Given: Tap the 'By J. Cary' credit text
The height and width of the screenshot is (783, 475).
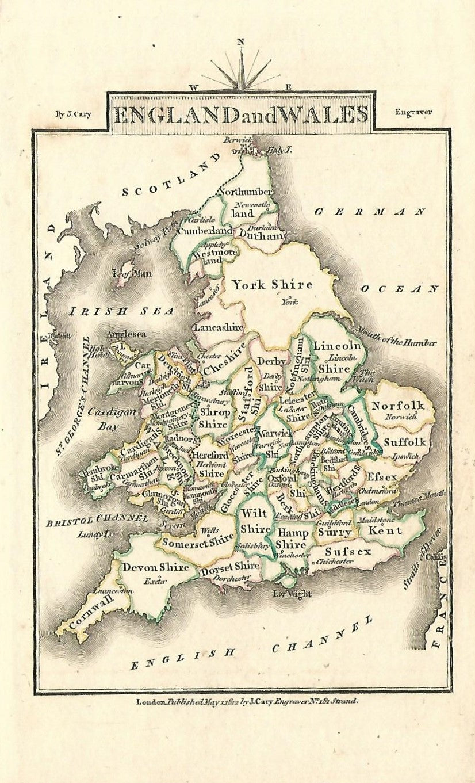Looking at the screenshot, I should tap(73, 114).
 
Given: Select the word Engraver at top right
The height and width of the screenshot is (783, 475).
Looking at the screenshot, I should tap(413, 112).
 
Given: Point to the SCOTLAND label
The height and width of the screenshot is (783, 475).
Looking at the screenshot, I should tap(171, 175).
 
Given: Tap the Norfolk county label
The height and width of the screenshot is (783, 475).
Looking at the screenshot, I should tap(397, 405).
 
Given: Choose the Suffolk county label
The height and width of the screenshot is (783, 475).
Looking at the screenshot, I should tap(405, 442).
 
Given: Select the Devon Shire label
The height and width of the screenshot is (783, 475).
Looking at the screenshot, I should tap(155, 567).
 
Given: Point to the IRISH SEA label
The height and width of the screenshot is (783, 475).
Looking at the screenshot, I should tap(121, 311).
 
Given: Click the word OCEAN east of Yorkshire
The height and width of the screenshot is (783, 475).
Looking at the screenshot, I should tap(400, 289).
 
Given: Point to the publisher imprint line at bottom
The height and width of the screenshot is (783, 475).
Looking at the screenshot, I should tap(247, 702).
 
